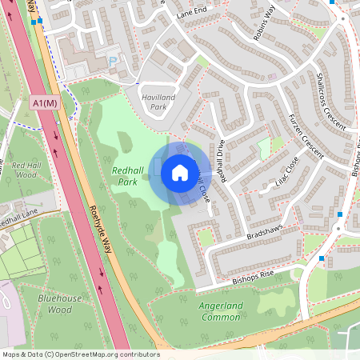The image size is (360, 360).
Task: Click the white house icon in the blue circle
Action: [180, 173]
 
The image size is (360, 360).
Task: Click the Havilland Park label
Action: [152, 101]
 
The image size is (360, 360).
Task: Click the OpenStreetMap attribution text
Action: [80, 354]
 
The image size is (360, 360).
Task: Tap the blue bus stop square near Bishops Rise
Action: [322, 258]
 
